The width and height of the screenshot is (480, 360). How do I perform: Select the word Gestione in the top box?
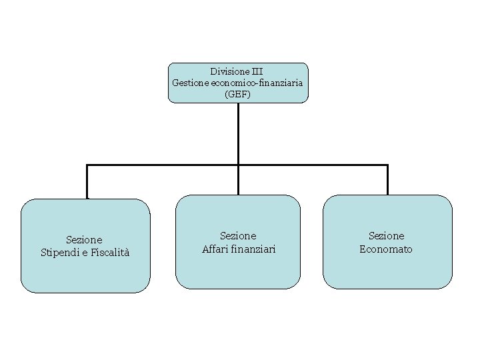tap(190, 83)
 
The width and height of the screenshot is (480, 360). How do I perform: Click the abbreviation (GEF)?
tap(238, 95)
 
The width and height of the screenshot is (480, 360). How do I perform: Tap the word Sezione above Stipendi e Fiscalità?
tap(85, 239)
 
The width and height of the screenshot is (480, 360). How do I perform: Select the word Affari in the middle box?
tap(216, 249)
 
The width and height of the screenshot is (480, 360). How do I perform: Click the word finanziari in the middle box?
tap(254, 249)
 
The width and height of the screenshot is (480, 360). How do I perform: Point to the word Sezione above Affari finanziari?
tap(238, 236)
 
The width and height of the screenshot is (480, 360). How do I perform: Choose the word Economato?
tap(386, 249)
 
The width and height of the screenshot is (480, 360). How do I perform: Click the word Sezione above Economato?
tap(387, 236)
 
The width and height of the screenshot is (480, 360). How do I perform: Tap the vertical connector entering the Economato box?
tap(387, 180)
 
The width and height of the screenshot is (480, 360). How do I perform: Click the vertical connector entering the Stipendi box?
tap(87, 182)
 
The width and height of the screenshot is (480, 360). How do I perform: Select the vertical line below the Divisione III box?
tap(238, 133)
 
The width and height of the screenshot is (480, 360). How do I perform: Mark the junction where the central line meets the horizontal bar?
tap(238, 165)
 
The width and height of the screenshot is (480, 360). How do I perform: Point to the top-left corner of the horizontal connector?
tap(87, 165)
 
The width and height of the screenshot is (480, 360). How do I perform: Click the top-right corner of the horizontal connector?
tap(387, 165)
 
